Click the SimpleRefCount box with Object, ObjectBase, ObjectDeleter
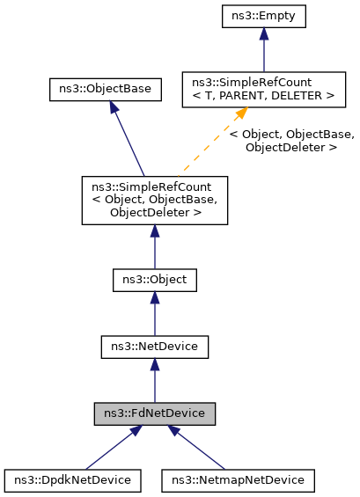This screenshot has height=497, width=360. (x=154, y=200)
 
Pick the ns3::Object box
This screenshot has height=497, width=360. (x=154, y=281)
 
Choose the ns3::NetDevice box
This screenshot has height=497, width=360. (x=154, y=347)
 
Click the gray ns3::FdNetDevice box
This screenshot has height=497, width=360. (x=154, y=413)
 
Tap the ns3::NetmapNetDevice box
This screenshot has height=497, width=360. (x=238, y=480)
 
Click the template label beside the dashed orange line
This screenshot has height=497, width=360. (x=291, y=141)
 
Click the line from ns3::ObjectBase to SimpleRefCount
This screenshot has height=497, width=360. (x=128, y=141)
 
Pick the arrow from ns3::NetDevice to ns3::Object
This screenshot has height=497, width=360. (x=154, y=315)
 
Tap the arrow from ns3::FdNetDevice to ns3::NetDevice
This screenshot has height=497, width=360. (x=154, y=382)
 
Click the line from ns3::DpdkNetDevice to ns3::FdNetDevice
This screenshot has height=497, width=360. (x=110, y=449)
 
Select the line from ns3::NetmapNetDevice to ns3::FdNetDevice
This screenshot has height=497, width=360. (x=198, y=449)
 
